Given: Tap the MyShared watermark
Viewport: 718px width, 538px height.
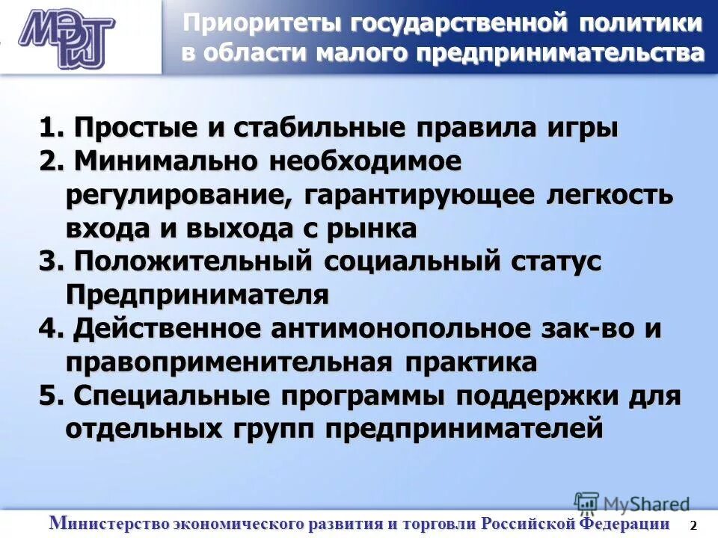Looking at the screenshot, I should click(x=632, y=503).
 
